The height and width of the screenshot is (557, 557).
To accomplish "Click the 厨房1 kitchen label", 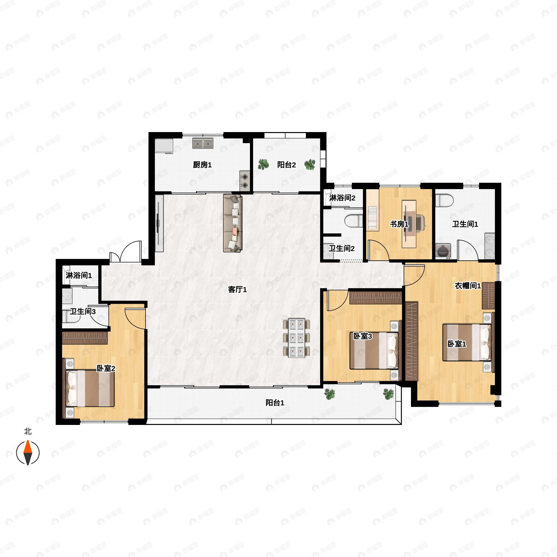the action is [x=202, y=165].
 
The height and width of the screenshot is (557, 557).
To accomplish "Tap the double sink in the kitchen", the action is [x=203, y=143].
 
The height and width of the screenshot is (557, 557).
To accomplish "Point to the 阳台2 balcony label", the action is [x=287, y=165].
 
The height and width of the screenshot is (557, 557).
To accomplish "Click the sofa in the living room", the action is [x=233, y=223].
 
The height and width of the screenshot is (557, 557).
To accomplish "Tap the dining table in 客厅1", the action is [x=297, y=338].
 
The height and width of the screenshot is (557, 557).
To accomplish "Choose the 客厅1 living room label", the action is [x=237, y=289].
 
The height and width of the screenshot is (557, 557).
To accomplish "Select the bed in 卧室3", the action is [x=374, y=351].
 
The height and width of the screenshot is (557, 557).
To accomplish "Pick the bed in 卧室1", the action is [x=467, y=343].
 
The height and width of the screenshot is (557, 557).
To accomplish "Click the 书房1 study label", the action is [x=399, y=224].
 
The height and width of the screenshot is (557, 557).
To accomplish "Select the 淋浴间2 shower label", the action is [x=342, y=198].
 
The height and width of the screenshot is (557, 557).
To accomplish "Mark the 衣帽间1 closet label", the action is [x=468, y=286].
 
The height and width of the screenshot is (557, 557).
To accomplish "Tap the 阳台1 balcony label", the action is [x=275, y=403].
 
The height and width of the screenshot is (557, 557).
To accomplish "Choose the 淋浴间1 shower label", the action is [x=79, y=275].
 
